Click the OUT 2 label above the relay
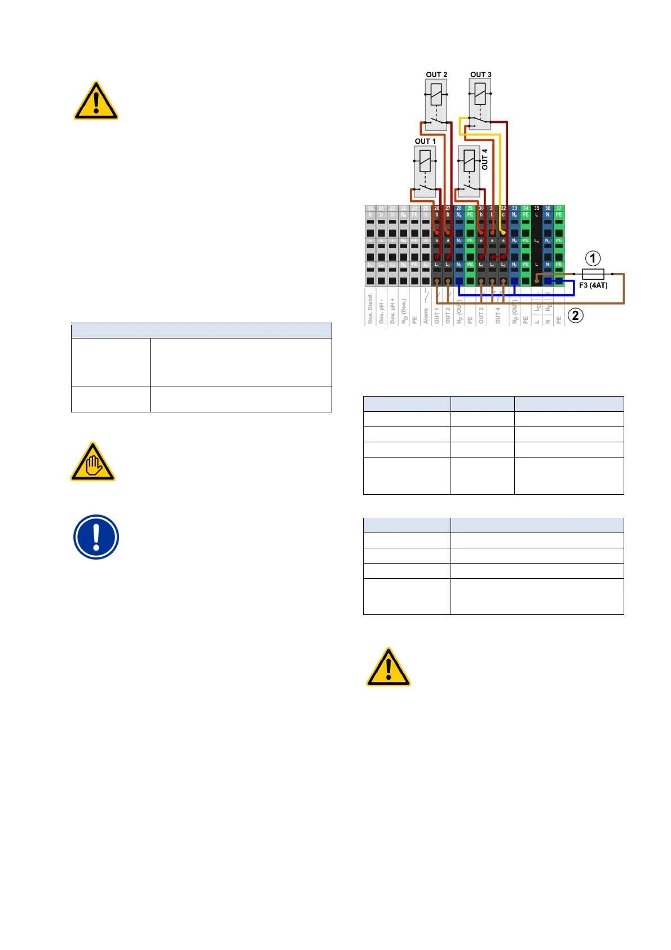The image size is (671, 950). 436,74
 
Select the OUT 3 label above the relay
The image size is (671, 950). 481,74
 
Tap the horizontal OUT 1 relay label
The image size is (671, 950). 425,141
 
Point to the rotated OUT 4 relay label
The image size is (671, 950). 485,159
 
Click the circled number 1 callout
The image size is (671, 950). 593,259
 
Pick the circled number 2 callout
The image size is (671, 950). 575,315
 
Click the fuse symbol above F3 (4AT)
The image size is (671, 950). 593,274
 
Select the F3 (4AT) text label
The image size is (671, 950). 593,285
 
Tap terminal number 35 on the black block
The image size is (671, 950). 537,208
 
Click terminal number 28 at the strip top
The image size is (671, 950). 459,208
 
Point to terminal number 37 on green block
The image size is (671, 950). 559,208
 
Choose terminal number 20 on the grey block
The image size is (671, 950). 370,208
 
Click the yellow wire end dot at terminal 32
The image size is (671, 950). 503,232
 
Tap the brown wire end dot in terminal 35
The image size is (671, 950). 537,280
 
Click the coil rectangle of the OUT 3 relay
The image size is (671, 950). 480,94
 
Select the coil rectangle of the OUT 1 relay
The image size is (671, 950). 425,161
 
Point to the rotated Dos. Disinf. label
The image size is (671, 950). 370,308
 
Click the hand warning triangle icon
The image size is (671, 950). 93,463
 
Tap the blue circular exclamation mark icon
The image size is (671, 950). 96,537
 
